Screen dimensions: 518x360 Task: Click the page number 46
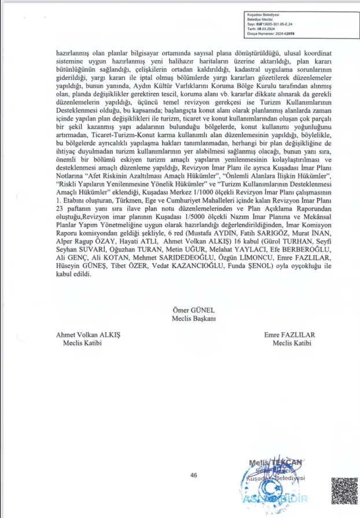194,475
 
